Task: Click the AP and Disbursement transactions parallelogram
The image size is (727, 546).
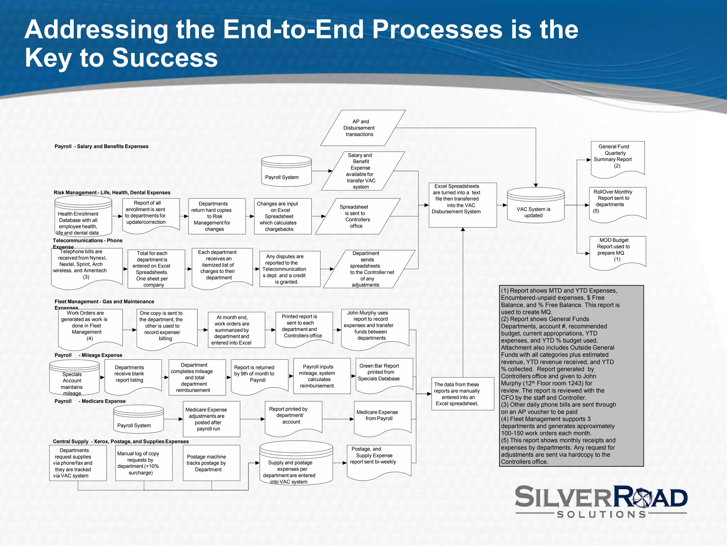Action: click(362, 128)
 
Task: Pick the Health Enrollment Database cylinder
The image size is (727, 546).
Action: click(83, 217)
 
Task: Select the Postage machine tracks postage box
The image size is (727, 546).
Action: click(211, 463)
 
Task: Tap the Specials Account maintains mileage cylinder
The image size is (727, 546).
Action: click(74, 378)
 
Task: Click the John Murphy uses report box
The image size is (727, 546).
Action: click(375, 327)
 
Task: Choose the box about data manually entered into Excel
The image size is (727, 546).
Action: click(462, 394)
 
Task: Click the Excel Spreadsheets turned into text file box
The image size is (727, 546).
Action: click(462, 205)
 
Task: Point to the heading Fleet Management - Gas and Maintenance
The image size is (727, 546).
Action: click(104, 301)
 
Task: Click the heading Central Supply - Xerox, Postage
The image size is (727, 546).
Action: click(121, 441)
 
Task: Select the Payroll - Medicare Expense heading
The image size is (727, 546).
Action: click(90, 401)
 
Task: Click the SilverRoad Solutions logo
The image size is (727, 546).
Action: click(601, 502)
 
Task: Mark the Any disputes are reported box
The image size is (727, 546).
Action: click(290, 269)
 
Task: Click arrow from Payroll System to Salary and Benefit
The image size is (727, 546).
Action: click(322, 171)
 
